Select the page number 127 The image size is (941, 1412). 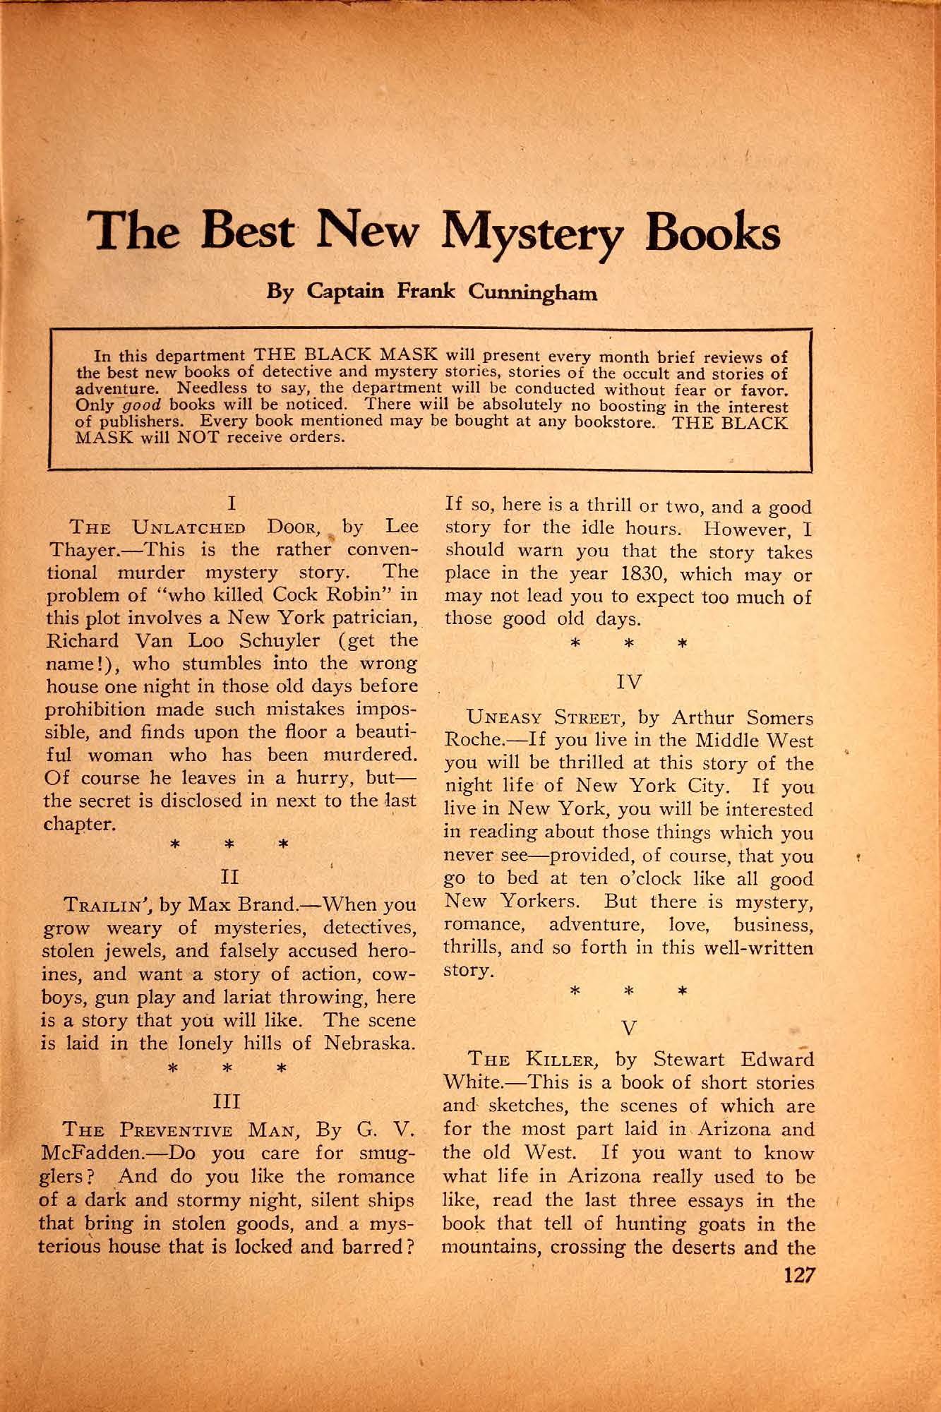click(796, 1276)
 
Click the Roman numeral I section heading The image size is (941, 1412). click(231, 504)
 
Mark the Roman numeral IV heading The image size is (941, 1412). click(628, 683)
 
